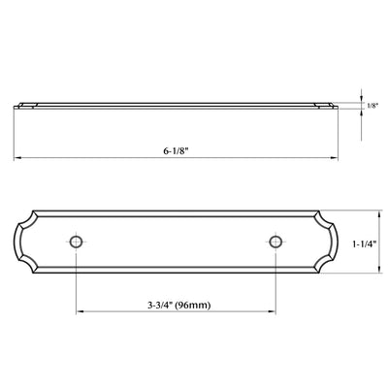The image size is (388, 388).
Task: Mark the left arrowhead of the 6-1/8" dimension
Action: click(17, 158)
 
